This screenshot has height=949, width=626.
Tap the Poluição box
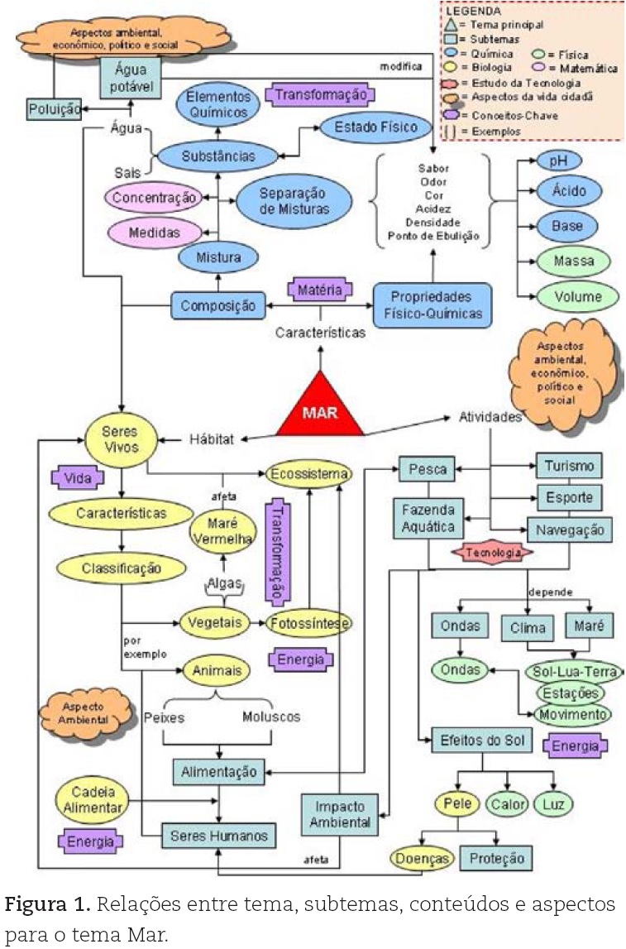[55, 109]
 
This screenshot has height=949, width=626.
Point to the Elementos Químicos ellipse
[218, 104]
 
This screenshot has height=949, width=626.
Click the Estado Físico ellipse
[375, 127]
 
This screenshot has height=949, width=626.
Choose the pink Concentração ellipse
[154, 197]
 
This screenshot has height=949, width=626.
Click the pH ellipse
[559, 161]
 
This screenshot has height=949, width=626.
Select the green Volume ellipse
[577, 296]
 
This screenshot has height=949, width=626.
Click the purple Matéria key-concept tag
[320, 290]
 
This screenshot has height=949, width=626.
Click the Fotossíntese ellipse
[309, 623]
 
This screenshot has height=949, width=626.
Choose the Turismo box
[569, 466]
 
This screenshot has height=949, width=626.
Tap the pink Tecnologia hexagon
[492, 553]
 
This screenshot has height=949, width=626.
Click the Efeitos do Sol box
[482, 741]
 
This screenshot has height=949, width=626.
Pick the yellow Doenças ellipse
[423, 858]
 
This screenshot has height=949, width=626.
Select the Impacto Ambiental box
[339, 815]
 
